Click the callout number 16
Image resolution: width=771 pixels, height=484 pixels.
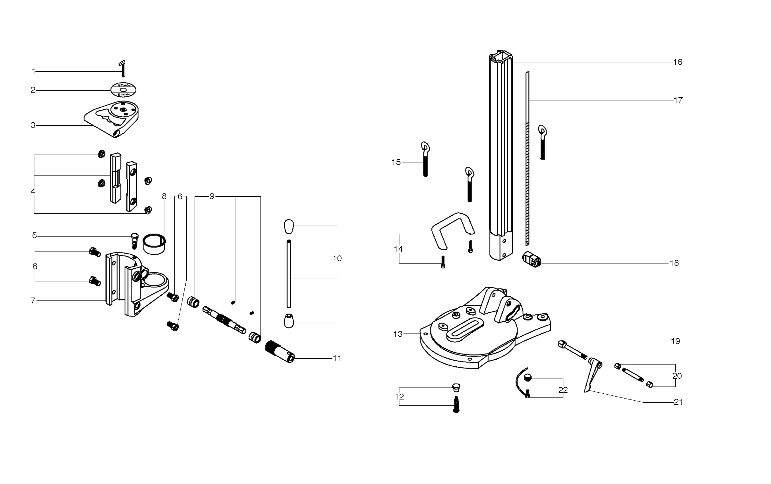(678, 62)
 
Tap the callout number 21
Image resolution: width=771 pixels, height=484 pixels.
(678, 402)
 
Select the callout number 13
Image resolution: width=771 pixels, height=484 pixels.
(398, 334)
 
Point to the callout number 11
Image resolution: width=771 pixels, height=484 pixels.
(337, 358)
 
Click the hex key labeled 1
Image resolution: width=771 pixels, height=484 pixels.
(123, 69)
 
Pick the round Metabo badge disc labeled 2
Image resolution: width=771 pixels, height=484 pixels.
(123, 90)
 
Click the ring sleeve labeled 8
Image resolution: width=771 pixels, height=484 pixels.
(154, 244)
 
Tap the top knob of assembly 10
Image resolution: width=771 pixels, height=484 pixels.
(289, 227)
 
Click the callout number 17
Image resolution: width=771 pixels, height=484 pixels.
(678, 100)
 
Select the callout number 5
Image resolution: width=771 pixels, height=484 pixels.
(34, 236)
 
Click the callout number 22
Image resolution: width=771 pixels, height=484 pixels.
(563, 390)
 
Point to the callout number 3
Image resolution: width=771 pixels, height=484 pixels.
(33, 125)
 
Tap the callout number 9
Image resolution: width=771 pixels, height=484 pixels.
(212, 196)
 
